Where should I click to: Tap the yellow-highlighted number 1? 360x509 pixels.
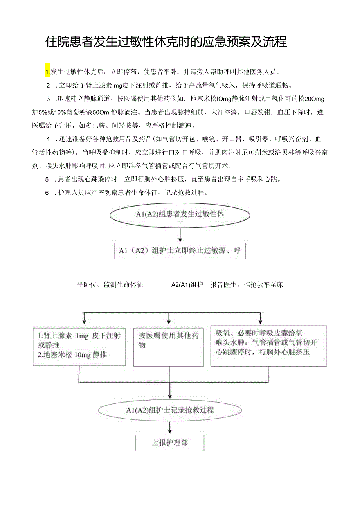coord(48,72)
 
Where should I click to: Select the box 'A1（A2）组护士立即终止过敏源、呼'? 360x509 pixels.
coord(180,251)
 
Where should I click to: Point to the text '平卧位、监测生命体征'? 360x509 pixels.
coord(110,285)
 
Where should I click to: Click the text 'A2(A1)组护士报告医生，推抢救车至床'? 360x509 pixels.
coord(227,285)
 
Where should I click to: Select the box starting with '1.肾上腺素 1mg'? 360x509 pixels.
coord(79,346)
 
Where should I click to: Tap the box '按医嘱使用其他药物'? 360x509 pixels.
coord(169,346)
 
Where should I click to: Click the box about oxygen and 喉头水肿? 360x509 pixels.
coord(268,346)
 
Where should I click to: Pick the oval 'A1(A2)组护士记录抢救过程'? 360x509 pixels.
coord(170,410)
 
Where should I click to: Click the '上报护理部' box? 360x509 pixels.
coord(170,443)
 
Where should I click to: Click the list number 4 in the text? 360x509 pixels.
coord(48,139)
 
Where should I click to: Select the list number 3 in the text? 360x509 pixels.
coord(48,98)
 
